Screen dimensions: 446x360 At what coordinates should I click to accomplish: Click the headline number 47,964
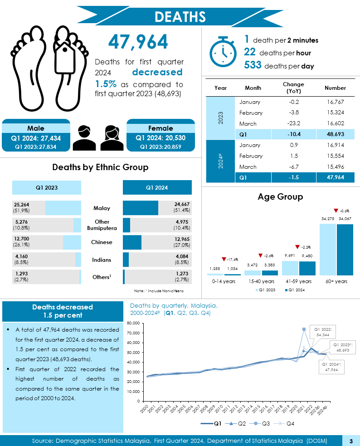(x=138, y=42)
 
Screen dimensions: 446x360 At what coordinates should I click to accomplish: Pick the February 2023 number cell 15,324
(x=336, y=113)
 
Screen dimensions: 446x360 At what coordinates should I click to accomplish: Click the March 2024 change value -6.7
(x=293, y=167)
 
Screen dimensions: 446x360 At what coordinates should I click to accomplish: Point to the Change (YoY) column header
(x=293, y=88)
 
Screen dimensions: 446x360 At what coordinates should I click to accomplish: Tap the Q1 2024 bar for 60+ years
(x=345, y=250)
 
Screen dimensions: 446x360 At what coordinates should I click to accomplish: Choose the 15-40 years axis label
(x=261, y=281)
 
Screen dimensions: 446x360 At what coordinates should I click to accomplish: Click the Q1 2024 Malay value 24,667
(x=182, y=205)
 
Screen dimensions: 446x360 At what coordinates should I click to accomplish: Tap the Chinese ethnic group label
(x=102, y=242)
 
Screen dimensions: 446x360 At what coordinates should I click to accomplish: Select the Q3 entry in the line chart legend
(x=265, y=424)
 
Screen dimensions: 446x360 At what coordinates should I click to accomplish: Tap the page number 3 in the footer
(x=351, y=441)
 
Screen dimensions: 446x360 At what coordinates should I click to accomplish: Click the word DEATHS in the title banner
(x=180, y=16)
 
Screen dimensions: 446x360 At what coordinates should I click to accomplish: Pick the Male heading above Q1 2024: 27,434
(x=36, y=128)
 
